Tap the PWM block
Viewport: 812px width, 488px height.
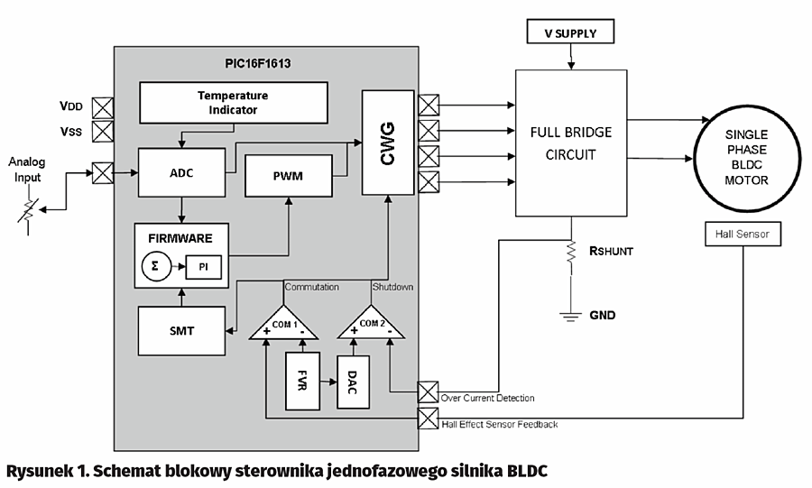click(288, 175)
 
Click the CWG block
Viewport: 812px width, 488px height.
click(387, 142)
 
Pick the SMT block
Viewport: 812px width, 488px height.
click(180, 331)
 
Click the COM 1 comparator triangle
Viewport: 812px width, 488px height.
click(284, 324)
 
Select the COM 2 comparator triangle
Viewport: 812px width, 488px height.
click(372, 324)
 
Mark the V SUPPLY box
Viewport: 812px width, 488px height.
click(569, 33)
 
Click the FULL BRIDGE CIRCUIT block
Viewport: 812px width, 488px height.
click(570, 143)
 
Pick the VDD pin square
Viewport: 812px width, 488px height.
click(104, 107)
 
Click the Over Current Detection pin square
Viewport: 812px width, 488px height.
click(429, 391)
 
